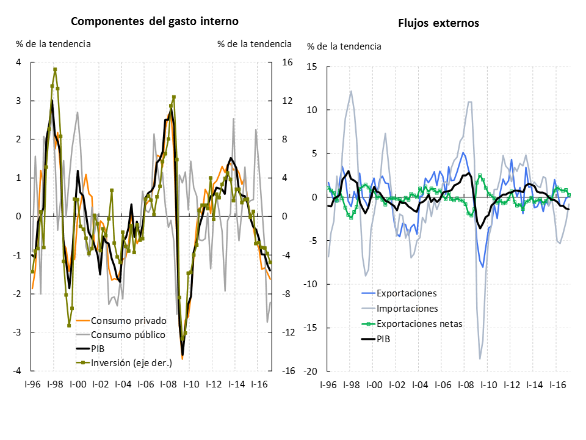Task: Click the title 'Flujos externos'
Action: point(438,23)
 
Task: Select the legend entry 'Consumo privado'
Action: point(128,321)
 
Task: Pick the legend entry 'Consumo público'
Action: point(128,335)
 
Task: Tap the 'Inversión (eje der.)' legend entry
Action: point(131,363)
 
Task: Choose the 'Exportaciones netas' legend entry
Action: point(419,323)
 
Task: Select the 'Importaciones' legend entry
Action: point(408,308)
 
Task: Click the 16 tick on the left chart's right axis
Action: point(286,62)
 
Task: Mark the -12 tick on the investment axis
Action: point(288,332)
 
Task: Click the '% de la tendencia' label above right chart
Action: point(344,46)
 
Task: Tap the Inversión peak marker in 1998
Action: point(55,70)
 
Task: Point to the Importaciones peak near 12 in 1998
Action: point(351,92)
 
